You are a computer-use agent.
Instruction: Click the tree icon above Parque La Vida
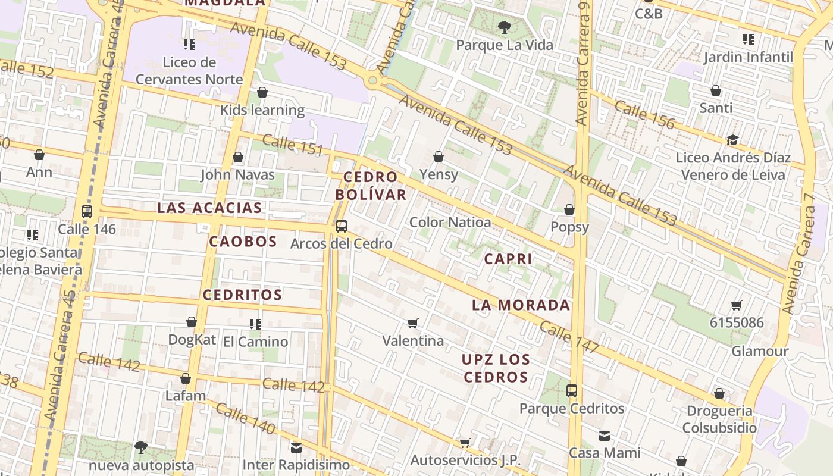click(x=504, y=27)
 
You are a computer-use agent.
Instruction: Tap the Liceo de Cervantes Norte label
click(x=189, y=71)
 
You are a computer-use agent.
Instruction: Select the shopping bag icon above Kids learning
click(x=262, y=92)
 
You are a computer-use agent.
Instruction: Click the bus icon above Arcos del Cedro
click(x=341, y=226)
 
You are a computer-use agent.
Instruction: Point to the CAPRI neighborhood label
click(x=508, y=259)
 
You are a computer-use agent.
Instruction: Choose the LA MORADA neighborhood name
click(x=521, y=305)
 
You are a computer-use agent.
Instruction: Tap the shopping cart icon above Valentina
click(x=413, y=323)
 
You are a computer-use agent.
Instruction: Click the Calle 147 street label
click(x=569, y=338)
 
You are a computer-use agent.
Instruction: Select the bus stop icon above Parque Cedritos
click(x=572, y=391)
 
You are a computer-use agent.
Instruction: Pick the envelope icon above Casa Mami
click(x=605, y=436)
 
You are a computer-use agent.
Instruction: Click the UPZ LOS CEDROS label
click(x=496, y=368)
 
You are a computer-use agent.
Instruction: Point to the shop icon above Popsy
click(x=569, y=209)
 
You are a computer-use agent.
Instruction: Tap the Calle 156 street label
click(x=644, y=115)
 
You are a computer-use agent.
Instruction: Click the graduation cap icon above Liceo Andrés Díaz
click(x=732, y=140)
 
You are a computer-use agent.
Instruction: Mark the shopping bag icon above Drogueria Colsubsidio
click(x=719, y=393)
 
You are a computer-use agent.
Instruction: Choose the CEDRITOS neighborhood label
click(x=242, y=295)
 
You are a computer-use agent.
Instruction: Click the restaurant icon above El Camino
click(x=255, y=324)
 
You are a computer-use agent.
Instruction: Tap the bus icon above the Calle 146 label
click(x=87, y=211)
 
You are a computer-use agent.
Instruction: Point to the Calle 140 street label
click(x=245, y=418)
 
